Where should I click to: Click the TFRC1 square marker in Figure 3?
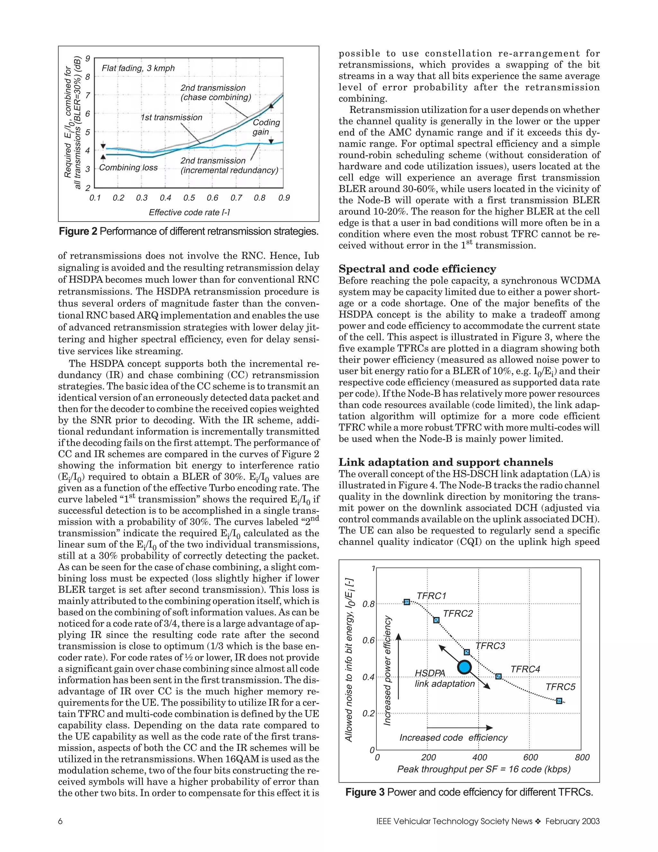[x=406, y=602]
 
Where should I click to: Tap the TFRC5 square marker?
[x=559, y=701]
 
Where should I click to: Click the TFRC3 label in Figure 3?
[x=490, y=646]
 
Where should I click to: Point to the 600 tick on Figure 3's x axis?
[x=530, y=757]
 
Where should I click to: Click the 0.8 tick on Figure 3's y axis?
[x=369, y=604]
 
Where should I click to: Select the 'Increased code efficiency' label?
[x=453, y=737]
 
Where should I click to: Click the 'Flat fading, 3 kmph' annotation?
[x=138, y=68]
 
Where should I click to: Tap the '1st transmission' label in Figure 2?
[x=172, y=117]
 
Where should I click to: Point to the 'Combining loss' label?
[x=128, y=168]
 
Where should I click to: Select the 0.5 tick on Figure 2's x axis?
[x=189, y=198]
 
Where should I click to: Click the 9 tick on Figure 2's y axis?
[x=88, y=59]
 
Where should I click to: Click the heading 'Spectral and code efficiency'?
[x=417, y=269]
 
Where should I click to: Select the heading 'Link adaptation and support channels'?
[x=446, y=462]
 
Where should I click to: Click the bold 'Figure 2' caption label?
[x=78, y=231]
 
